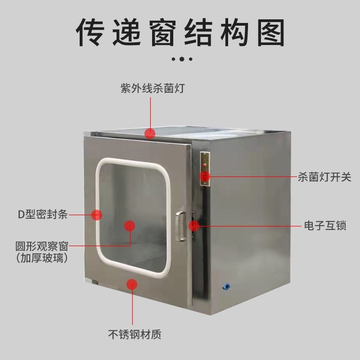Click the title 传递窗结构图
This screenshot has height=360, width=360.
point(180,32)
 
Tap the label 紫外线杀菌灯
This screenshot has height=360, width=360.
point(153,88)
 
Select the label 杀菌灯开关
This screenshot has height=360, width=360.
point(324,177)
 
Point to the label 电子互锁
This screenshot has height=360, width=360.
point(325,225)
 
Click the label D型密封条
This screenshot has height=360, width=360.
point(43,215)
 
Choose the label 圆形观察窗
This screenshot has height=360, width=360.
point(42,246)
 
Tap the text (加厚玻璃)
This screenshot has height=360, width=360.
point(42,258)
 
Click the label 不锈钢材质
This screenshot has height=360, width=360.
point(135,334)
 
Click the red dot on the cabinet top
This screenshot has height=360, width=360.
point(150,133)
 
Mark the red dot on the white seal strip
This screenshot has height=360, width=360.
point(97,215)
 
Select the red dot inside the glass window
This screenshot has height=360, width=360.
point(130,226)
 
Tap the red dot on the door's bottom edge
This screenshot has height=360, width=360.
point(132,284)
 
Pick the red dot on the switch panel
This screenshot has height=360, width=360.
point(205,176)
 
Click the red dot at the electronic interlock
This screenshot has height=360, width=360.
point(194,226)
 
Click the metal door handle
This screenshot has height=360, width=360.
point(181,226)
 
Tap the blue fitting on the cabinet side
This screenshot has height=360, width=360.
point(226,286)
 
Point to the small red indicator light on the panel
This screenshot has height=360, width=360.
point(205,165)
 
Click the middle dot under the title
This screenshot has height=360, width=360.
point(182,59)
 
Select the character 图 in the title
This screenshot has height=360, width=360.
point(271,32)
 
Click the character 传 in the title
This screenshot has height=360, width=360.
point(90,32)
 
